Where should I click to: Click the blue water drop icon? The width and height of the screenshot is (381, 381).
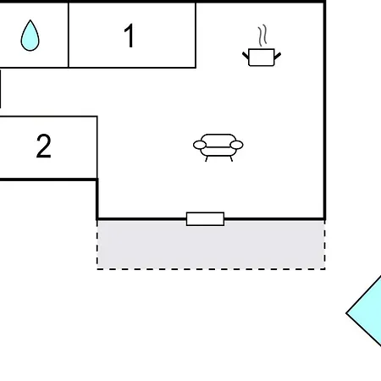coord(30,36)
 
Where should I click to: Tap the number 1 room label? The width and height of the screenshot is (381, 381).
coord(130,36)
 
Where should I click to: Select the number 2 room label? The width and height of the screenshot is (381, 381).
coord(44,146)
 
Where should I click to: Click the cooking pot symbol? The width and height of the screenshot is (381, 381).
coord(262,57)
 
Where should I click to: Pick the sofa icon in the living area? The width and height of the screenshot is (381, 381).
coord(218,146)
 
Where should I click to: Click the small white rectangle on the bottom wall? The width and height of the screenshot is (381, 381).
coord(205,219)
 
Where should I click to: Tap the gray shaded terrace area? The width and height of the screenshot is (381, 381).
coord(211,246)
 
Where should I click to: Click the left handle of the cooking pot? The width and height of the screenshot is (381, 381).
coord(246,55)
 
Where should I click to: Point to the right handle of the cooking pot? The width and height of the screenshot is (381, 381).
coord(278,55)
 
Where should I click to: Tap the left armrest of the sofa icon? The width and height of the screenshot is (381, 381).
coord(200,146)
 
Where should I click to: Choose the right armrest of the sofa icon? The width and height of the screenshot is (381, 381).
coord(237,146)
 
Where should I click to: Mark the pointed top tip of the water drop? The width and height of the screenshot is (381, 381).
coord(30,22)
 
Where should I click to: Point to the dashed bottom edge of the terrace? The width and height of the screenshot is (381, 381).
coord(211,269)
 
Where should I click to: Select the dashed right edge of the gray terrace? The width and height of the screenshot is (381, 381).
coord(324,246)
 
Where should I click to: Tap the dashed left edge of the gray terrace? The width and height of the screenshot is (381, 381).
coord(97,246)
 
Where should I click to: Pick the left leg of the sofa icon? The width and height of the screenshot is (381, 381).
coord(207,157)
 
